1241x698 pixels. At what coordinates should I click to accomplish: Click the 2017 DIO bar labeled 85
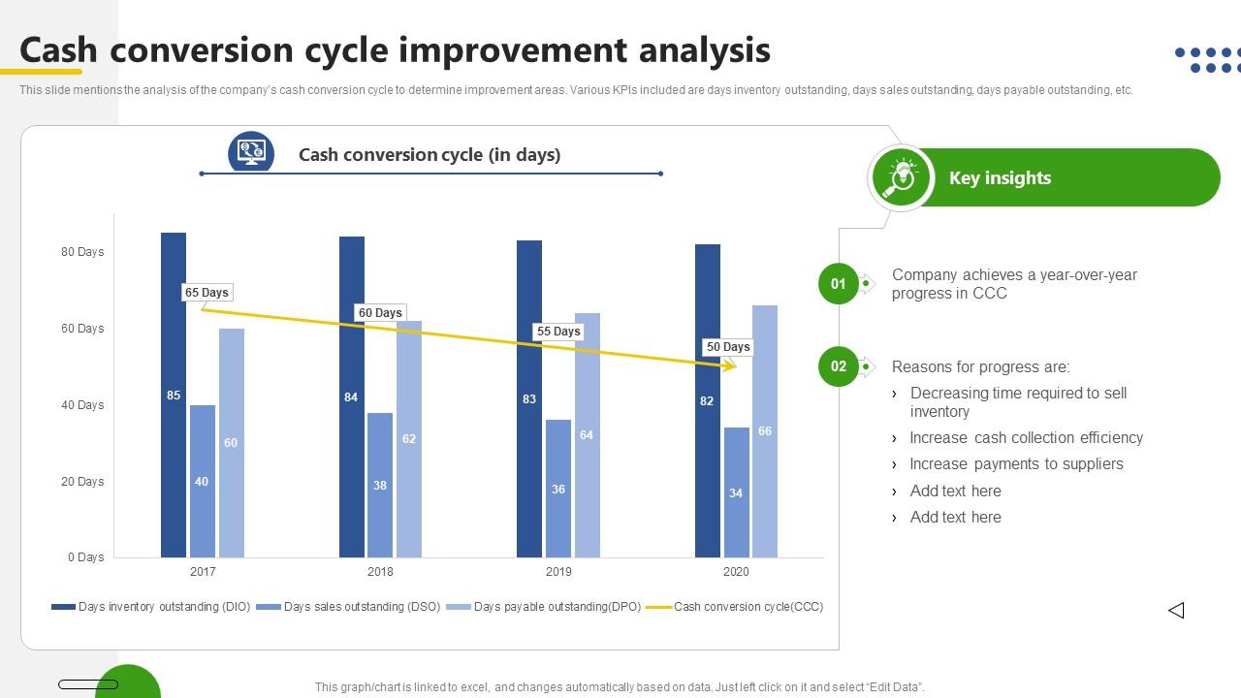click(174, 395)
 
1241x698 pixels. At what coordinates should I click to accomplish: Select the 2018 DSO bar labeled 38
click(380, 485)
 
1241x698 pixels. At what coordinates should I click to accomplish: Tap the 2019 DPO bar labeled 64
click(587, 435)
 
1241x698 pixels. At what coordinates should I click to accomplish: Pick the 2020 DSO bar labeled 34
click(736, 492)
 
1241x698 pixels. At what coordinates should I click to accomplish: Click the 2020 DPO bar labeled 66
click(765, 431)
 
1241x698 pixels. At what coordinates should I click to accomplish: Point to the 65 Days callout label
click(207, 293)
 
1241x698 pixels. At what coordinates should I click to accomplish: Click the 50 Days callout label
click(728, 347)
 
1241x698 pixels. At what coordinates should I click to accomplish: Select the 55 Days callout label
click(558, 332)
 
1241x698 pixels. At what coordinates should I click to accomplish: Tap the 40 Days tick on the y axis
click(82, 405)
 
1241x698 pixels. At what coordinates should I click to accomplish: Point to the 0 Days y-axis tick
click(85, 557)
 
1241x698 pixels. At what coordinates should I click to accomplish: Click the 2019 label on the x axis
click(558, 572)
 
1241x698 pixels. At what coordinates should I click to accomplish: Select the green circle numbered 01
click(838, 284)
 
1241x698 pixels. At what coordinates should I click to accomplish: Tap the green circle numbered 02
click(838, 366)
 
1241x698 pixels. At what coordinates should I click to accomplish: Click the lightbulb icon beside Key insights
click(902, 177)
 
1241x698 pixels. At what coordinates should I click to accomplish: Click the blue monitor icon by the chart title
click(251, 152)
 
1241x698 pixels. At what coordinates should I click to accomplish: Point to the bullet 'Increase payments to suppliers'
click(1016, 464)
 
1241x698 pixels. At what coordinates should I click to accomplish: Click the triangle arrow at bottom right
click(1176, 610)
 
